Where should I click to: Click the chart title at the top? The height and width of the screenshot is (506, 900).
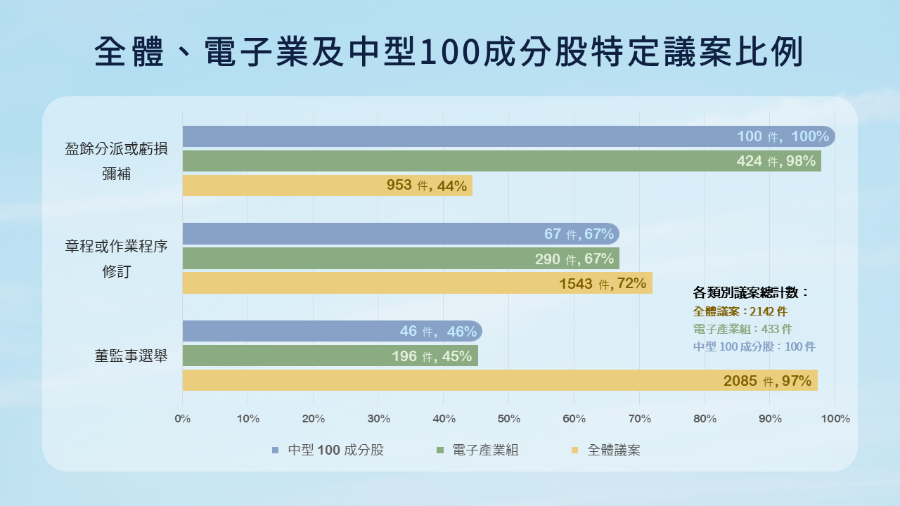449,53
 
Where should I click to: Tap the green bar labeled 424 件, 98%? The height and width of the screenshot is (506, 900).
501,161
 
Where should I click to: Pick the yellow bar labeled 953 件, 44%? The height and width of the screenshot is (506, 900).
327,186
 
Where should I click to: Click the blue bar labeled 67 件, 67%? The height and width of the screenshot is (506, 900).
400,234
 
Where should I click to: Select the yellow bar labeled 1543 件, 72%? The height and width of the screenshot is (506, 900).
417,283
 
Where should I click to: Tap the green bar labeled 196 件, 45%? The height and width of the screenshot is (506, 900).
330,356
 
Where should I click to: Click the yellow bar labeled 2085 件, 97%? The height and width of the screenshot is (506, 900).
499,380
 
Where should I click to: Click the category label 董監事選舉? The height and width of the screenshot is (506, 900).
131,356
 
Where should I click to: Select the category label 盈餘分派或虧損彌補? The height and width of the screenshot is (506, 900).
117,161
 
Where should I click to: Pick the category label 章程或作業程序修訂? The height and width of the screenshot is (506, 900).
117,259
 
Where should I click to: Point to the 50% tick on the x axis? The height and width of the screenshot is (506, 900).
508,419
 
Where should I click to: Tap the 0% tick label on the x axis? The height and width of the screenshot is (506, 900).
182,419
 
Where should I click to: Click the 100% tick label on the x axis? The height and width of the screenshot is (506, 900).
835,419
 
